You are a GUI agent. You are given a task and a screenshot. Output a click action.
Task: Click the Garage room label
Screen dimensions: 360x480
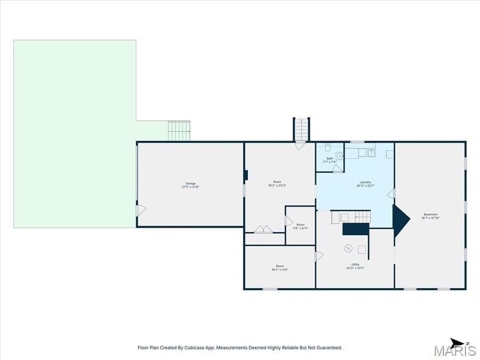[190, 185]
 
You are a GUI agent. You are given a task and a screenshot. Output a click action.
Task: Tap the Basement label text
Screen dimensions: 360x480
[430, 216]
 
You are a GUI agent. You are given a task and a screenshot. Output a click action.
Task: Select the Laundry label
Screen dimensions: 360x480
[365, 185]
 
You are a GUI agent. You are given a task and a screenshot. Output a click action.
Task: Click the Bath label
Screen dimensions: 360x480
[330, 159]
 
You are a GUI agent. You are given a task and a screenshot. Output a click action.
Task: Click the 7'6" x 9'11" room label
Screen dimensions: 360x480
[300, 226]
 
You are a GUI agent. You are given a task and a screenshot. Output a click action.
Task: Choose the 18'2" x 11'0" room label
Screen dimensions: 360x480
[280, 268]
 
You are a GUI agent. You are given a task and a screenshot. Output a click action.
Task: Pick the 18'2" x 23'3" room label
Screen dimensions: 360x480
[277, 185]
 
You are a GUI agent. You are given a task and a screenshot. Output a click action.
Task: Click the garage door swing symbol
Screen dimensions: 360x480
[141, 211]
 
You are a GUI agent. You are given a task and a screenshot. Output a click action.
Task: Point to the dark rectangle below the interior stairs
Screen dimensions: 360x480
[356, 229]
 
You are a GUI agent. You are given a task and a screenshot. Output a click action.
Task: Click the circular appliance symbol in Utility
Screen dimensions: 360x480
[349, 247]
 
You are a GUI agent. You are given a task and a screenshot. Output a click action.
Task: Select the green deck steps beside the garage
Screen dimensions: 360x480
[179, 131]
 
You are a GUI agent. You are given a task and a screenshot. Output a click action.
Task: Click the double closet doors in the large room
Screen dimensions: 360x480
[263, 229]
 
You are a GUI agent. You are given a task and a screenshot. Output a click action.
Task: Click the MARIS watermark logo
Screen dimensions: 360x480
[454, 351]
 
